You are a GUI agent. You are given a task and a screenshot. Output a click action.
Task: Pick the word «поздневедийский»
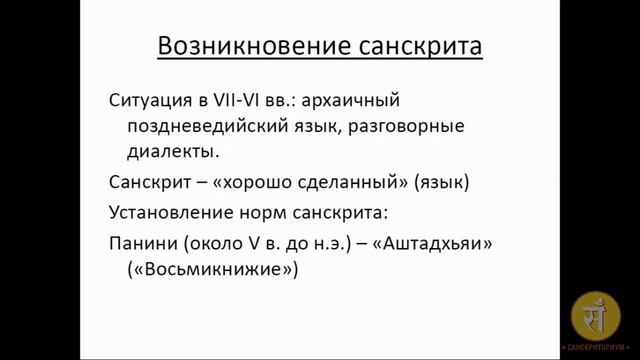point(209,128)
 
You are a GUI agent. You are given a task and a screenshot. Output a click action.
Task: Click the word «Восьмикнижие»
point(213,271)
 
